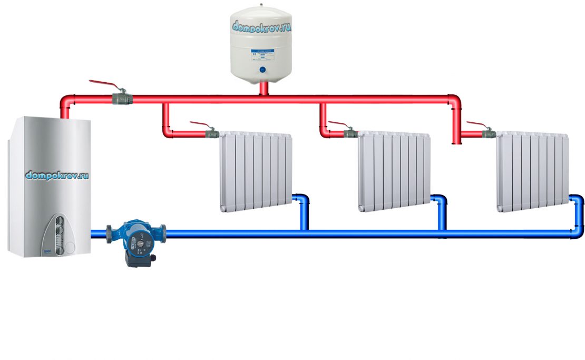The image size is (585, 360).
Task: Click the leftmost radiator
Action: coord(256,171)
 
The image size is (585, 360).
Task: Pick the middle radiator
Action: coord(394,171)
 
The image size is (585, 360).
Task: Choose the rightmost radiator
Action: coord(532,171)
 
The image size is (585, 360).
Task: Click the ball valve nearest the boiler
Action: coord(121,98)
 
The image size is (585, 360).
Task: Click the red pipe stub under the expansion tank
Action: coord(264,89)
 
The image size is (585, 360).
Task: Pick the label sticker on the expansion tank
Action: coord(262,54)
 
